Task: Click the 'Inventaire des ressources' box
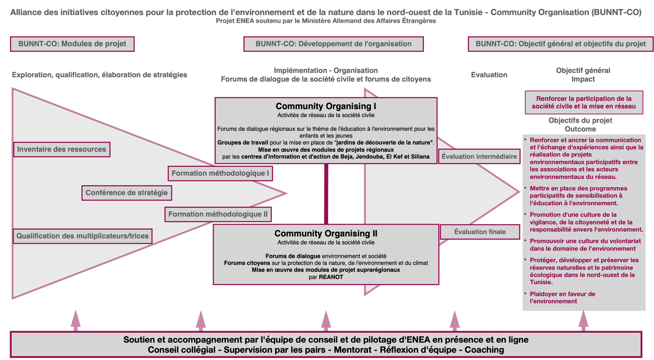[62, 149]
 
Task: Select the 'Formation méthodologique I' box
[220, 173]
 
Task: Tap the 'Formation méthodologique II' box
[218, 214]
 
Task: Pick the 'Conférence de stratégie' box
[127, 193]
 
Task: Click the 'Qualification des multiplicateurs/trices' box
[83, 236]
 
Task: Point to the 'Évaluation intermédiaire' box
[479, 157]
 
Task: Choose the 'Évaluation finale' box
[480, 232]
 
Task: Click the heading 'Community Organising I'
[326, 106]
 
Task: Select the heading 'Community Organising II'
[326, 233]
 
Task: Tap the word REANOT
[331, 277]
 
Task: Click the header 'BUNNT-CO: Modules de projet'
[72, 44]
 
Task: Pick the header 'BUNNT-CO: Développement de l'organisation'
[333, 44]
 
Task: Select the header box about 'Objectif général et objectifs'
[560, 44]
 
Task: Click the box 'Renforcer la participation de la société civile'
[584, 103]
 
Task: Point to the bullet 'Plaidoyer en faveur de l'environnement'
[562, 298]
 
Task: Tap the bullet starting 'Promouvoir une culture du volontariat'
[585, 245]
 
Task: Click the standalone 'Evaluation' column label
[489, 75]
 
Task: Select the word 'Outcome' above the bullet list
[580, 129]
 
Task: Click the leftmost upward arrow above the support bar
[76, 320]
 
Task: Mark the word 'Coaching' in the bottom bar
[484, 350]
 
